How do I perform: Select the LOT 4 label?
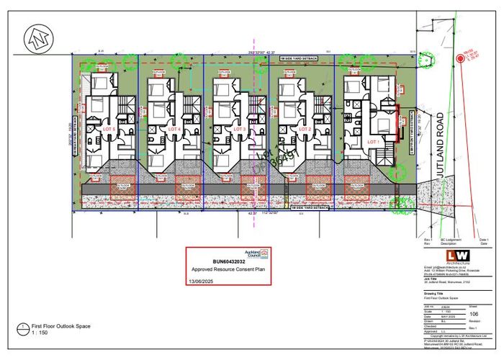click(173, 128)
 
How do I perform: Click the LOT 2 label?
click(305, 128)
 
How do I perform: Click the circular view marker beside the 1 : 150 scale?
click(25, 329)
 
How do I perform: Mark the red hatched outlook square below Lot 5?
click(122, 186)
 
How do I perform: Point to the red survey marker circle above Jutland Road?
click(458, 59)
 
